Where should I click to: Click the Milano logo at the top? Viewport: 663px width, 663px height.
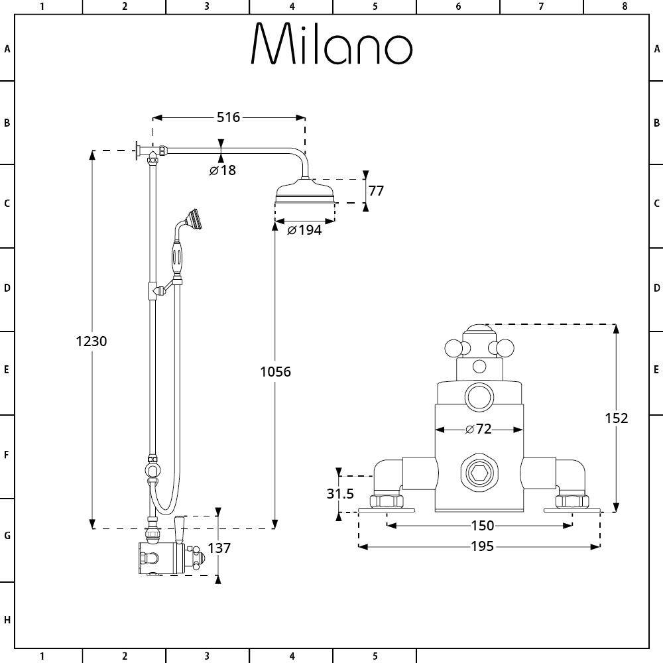[x=331, y=45]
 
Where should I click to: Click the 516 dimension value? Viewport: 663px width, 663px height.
[x=228, y=117]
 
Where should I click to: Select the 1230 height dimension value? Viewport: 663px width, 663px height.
[x=91, y=341]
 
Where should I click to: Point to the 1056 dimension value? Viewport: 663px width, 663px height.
[x=275, y=371]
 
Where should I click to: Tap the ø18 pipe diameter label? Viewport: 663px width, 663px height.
[x=223, y=170]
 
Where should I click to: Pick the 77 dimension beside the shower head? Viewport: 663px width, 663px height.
[x=376, y=191]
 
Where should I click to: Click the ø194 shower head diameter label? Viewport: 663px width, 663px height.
[x=304, y=230]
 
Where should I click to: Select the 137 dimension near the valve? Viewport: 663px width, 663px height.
[x=219, y=548]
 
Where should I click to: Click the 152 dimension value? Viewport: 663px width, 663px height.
[x=617, y=418]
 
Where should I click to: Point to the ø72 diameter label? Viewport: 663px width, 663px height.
[x=479, y=429]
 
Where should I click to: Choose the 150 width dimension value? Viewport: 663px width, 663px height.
[x=482, y=526]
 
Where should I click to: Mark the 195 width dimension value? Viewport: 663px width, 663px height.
[x=482, y=546]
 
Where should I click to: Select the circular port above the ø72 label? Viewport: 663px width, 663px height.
[x=479, y=398]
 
